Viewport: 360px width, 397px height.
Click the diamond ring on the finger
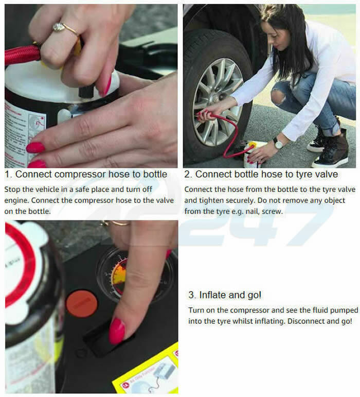60,27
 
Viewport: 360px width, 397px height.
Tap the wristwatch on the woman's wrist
278,144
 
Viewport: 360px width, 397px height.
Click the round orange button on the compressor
82,303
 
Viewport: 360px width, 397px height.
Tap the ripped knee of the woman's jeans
278,96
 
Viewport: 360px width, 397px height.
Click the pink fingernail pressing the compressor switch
117,331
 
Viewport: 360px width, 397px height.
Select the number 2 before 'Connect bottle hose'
187,175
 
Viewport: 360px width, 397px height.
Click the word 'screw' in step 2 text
272,211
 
